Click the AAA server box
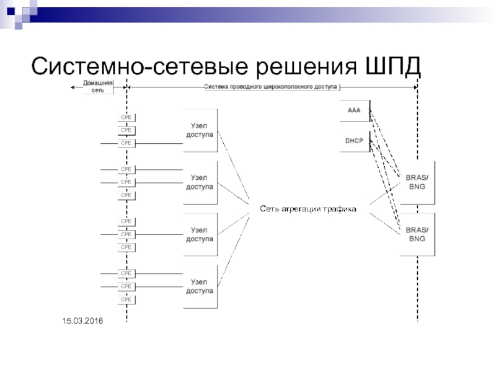[x=354, y=110]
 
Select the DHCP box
[x=354, y=141]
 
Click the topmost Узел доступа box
[x=200, y=130]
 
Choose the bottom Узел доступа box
[x=200, y=286]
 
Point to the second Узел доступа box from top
[x=200, y=182]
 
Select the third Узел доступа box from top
[x=200, y=234]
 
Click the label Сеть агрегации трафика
[x=308, y=209]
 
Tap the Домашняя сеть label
[x=98, y=87]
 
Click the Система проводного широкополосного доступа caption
[x=271, y=87]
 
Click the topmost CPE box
[x=126, y=117]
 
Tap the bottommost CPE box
[x=126, y=299]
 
